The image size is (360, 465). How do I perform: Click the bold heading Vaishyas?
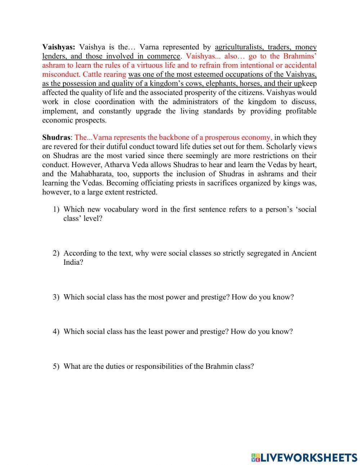(x=59, y=47)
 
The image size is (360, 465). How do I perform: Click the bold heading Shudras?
(x=56, y=138)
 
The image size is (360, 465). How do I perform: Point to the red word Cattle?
(x=92, y=75)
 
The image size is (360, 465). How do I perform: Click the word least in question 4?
(x=155, y=332)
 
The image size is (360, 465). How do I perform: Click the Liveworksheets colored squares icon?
(x=256, y=457)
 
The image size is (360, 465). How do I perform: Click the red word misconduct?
(x=60, y=75)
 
